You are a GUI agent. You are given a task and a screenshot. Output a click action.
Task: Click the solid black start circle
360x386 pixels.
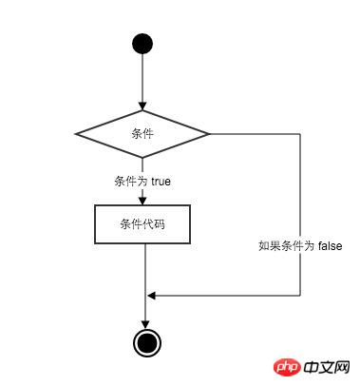pyautogui.click(x=142, y=44)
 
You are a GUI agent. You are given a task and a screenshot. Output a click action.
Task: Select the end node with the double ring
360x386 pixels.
pyautogui.click(x=145, y=342)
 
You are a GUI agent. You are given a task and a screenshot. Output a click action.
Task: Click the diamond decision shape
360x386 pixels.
pyautogui.click(x=142, y=134)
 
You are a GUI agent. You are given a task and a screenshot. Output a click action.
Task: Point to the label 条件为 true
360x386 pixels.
pyautogui.click(x=142, y=180)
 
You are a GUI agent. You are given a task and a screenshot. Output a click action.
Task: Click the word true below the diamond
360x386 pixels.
pyautogui.click(x=159, y=180)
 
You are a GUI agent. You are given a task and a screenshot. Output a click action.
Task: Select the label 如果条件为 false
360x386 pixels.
pyautogui.click(x=300, y=244)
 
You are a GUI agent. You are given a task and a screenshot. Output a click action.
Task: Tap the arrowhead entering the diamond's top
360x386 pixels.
pyautogui.click(x=142, y=106)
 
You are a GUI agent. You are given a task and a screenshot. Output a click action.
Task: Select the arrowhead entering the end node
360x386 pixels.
pyautogui.click(x=145, y=323)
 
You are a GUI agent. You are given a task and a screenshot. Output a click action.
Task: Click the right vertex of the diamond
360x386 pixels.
pyautogui.click(x=209, y=134)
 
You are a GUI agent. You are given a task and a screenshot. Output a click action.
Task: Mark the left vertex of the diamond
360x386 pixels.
pyautogui.click(x=76, y=134)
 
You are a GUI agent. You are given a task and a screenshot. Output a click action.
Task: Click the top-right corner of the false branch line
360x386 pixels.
pyautogui.click(x=300, y=134)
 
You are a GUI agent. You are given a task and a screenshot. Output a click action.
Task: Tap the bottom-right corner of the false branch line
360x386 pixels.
pyautogui.click(x=300, y=295)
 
